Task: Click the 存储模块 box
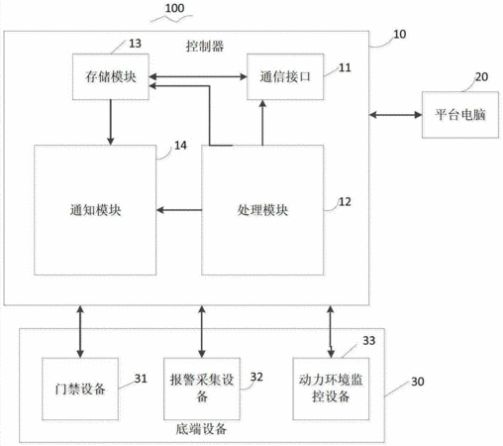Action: [111, 76]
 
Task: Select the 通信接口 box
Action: [285, 76]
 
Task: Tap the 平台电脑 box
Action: [460, 115]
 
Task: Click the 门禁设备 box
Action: [80, 389]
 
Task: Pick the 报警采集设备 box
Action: [202, 389]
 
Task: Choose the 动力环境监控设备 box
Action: [331, 389]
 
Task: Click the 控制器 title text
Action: [205, 47]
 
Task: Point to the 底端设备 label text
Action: [201, 429]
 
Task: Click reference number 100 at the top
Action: [174, 8]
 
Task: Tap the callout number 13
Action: [135, 44]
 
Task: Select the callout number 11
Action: [345, 67]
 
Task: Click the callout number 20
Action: [481, 77]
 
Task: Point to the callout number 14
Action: [180, 146]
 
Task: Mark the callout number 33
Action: [369, 341]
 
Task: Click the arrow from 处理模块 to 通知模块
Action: [179, 210]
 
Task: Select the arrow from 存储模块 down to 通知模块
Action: [111, 122]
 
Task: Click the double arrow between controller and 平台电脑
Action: [395, 115]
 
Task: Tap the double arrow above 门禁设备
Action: [80, 332]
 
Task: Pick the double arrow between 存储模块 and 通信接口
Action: [198, 76]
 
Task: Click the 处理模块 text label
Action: [262, 210]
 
